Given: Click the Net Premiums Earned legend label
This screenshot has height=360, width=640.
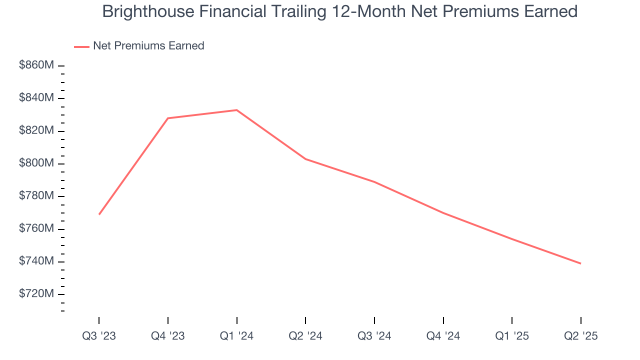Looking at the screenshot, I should pyautogui.click(x=148, y=46).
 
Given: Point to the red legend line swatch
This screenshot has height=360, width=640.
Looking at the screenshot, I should pyautogui.click(x=81, y=46).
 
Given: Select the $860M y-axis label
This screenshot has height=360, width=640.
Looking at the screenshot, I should pyautogui.click(x=36, y=65).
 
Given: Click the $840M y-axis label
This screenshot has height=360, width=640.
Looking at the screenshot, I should pyautogui.click(x=36, y=98).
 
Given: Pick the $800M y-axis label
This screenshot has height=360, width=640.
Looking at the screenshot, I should pyautogui.click(x=36, y=163).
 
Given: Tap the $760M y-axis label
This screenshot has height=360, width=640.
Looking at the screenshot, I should pyautogui.click(x=36, y=229).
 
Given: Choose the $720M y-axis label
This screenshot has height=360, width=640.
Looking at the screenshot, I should pyautogui.click(x=36, y=294).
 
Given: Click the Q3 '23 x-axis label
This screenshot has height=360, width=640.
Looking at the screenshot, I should pyautogui.click(x=99, y=336).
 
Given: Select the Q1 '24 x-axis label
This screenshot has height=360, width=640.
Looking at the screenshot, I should pyautogui.click(x=236, y=336).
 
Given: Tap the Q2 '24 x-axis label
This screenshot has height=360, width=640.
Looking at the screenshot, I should pyautogui.click(x=305, y=336).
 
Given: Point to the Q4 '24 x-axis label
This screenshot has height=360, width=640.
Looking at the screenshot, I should pyautogui.click(x=443, y=336).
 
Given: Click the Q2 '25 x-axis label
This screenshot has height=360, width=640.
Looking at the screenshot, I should pyautogui.click(x=580, y=336).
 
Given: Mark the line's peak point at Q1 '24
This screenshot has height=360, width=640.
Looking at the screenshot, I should pyautogui.click(x=236, y=110).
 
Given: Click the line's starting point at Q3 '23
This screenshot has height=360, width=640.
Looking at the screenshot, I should pyautogui.click(x=99, y=214).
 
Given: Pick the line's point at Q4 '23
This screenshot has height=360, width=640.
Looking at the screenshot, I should pyautogui.click(x=168, y=118).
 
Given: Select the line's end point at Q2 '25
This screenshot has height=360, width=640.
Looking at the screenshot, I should pyautogui.click(x=580, y=263).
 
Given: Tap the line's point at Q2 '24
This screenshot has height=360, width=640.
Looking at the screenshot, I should pyautogui.click(x=305, y=159).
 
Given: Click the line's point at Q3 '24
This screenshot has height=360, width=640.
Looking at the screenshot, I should pyautogui.click(x=374, y=182).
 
